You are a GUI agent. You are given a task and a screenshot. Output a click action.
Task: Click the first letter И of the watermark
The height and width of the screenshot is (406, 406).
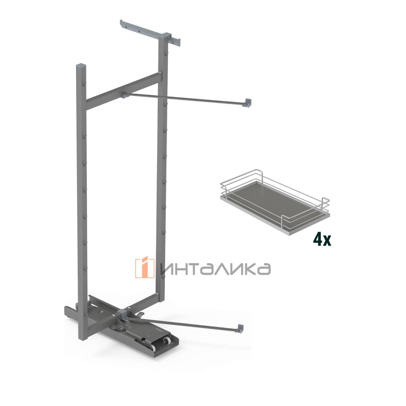tap(166, 269)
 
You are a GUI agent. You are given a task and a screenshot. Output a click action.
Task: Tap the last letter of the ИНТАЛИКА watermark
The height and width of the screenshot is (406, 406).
tap(264, 269)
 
